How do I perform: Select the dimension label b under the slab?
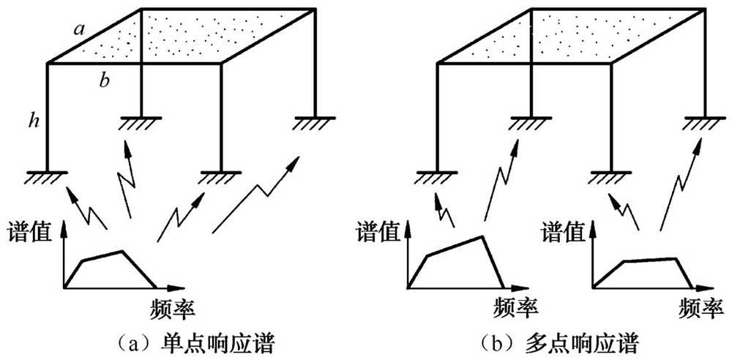pos(105,80)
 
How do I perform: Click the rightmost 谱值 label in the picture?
pos(564,232)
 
